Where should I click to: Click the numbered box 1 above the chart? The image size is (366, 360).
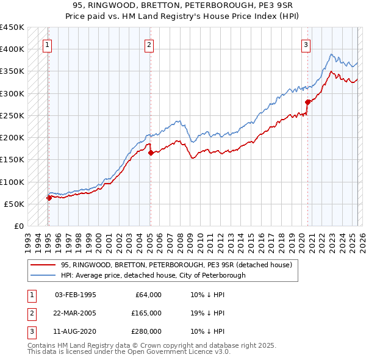coord(48,44)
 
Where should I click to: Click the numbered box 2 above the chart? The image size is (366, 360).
coord(149,44)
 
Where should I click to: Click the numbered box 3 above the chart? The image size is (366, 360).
coord(306,44)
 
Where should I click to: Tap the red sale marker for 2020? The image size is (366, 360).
coord(307,102)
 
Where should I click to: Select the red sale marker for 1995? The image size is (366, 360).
coord(49,198)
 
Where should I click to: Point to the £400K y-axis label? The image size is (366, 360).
coord(12,49)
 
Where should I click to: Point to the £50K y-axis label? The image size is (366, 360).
coord(14,204)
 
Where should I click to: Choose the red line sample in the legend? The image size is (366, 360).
coord(43,265)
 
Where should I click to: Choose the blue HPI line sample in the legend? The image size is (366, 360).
coord(43,275)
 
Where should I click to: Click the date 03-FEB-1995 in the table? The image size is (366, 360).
coord(75,295)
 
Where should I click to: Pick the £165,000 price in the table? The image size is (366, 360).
coord(146,313)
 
